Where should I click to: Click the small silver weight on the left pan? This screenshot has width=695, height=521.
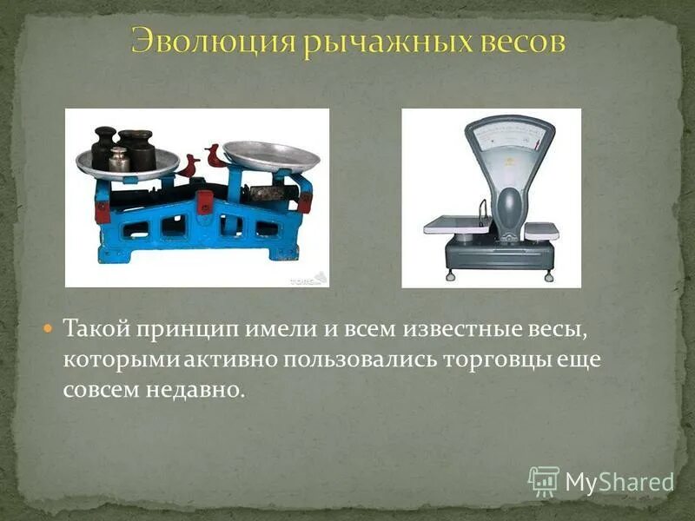pos(119,160)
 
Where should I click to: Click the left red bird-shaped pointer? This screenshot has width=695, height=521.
pos(189,166)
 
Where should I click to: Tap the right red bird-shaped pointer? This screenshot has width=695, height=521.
pos(215,157)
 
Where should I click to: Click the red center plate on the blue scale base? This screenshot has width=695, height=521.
pos(205,202)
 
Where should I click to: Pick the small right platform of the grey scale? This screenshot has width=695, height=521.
pos(541,229)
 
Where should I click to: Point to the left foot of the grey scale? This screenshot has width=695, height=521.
pos(448,276)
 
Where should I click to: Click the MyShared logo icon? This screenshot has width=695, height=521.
pos(544,481)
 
